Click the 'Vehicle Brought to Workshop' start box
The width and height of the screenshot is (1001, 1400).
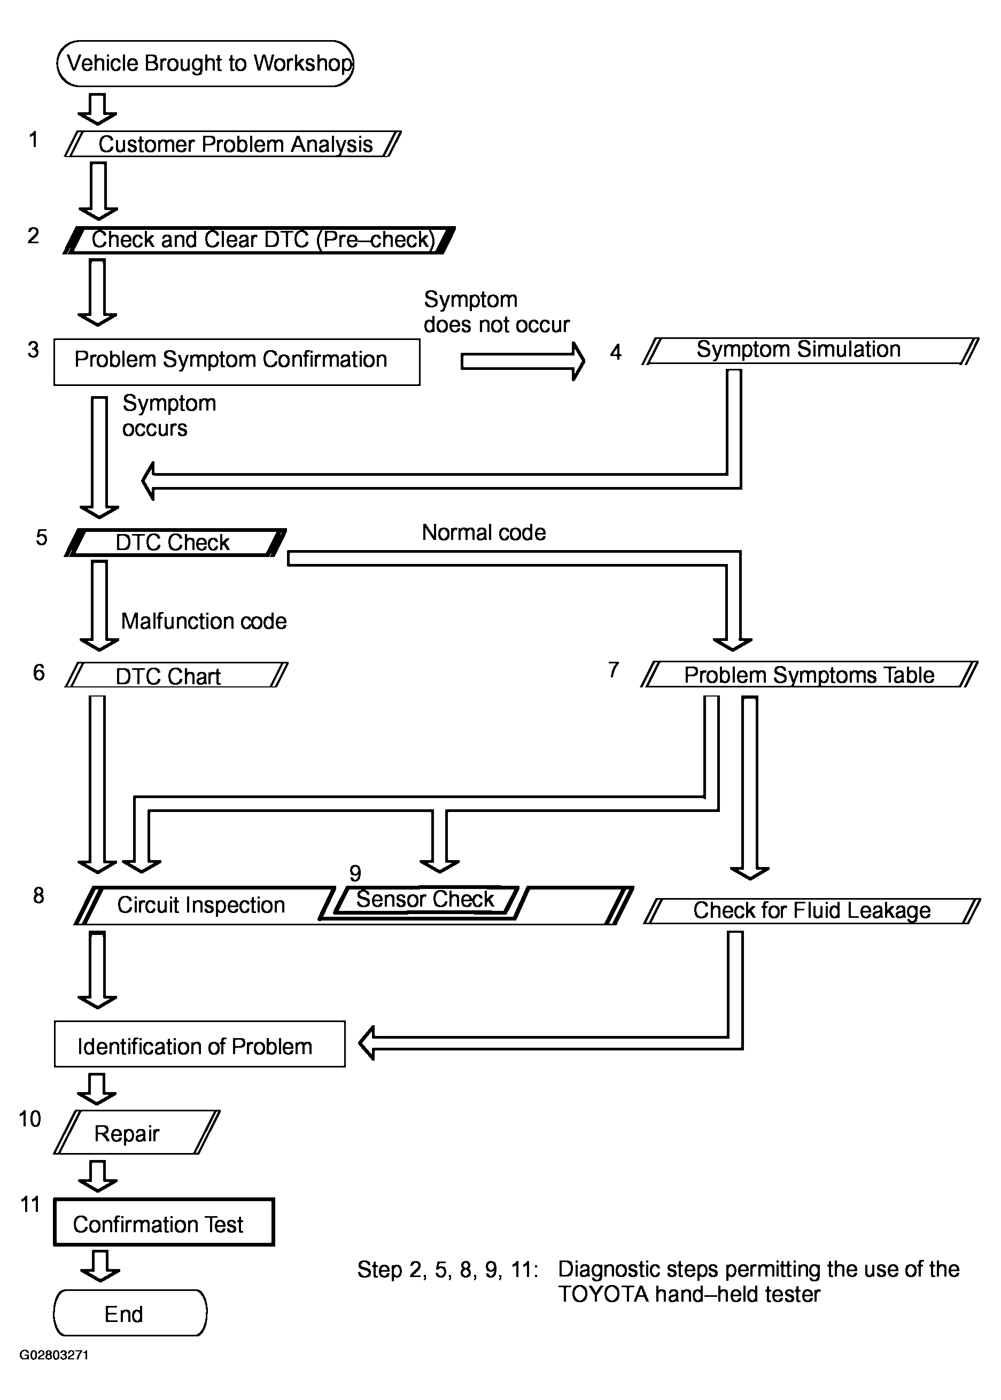pyautogui.click(x=205, y=64)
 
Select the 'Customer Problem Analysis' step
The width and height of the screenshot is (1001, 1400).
pyautogui.click(x=233, y=144)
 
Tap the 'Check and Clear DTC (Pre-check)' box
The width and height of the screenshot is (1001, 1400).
pyautogui.click(x=259, y=240)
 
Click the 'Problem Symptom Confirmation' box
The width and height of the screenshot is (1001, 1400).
pyautogui.click(x=237, y=362)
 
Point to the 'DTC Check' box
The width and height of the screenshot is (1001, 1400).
pyautogui.click(x=176, y=543)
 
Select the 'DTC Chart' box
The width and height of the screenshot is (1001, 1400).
pyautogui.click(x=176, y=675)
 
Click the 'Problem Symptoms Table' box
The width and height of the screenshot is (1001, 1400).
pyautogui.click(x=809, y=675)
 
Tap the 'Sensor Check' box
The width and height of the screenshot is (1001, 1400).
pyautogui.click(x=425, y=901)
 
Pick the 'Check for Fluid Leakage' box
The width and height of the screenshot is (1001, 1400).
pyautogui.click(x=812, y=910)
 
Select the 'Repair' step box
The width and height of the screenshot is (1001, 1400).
pyautogui.click(x=137, y=1132)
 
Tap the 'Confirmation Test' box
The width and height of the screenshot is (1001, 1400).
pyautogui.click(x=164, y=1222)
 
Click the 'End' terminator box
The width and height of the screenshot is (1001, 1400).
pyautogui.click(x=130, y=1313)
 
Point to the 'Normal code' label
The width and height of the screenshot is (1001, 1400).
pyautogui.click(x=484, y=532)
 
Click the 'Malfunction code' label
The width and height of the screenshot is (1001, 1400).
pyautogui.click(x=204, y=621)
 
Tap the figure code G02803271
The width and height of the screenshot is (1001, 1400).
pyautogui.click(x=54, y=1355)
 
